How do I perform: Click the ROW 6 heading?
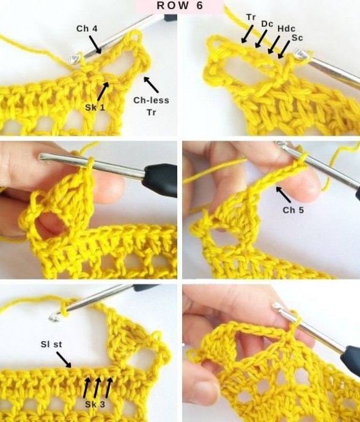click(180, 6)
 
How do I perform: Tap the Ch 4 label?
click(87, 29)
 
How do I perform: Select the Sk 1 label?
click(95, 108)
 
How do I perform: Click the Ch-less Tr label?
click(151, 106)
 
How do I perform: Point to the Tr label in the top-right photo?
click(251, 17)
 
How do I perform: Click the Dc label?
click(267, 24)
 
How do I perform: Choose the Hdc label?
click(286, 29)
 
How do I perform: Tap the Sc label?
click(297, 38)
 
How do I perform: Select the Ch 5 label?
click(293, 210)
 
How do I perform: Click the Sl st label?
click(51, 344)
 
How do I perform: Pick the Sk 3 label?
click(95, 404)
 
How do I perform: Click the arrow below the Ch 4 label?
click(95, 45)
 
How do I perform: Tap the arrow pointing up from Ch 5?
click(283, 194)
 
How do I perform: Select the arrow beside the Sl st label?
click(64, 360)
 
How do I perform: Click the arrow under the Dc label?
click(261, 39)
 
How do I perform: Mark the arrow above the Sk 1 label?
click(103, 92)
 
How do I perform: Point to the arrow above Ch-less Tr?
click(151, 84)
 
